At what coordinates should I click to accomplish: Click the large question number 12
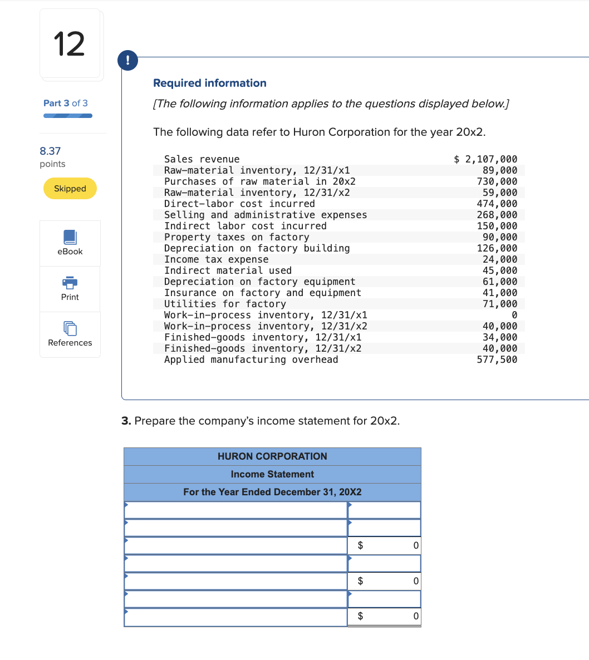pos(70,45)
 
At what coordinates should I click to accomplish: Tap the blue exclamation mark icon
pos(128,60)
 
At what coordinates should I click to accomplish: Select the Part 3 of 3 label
pos(66,103)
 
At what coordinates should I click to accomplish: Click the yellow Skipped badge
pos(70,189)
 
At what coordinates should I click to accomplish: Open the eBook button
pos(70,243)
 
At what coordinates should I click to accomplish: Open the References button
pos(70,334)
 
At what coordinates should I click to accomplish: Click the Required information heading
pos(210,83)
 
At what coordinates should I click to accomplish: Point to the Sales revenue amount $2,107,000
pos(485,159)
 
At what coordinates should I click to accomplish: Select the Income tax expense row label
pos(216,259)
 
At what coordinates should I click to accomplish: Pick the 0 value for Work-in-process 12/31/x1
pos(514,315)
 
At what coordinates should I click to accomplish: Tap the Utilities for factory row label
pos(225,304)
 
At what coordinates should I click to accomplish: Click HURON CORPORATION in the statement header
pos(272,456)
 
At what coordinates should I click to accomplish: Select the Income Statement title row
pos(272,474)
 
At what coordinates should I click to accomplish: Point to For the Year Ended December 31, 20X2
pos(272,492)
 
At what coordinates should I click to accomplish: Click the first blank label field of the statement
pos(236,510)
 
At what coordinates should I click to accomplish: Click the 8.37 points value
pos(51,151)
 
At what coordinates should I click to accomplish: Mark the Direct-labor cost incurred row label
pos(239,204)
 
